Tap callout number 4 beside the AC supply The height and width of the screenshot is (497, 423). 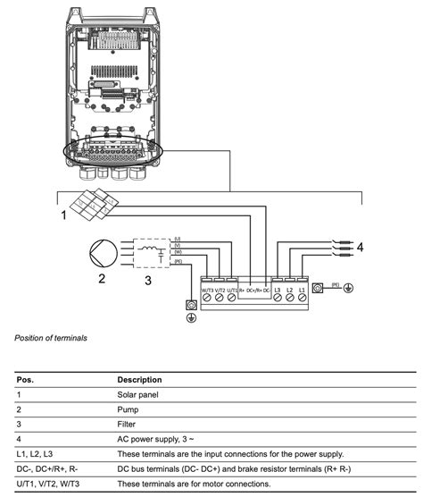[x=361, y=247]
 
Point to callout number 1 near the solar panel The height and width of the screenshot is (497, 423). [x=64, y=215]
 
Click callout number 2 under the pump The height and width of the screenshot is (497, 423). [x=103, y=281]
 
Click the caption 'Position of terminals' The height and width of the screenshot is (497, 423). [x=51, y=338]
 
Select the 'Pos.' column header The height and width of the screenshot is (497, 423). [x=25, y=379]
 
